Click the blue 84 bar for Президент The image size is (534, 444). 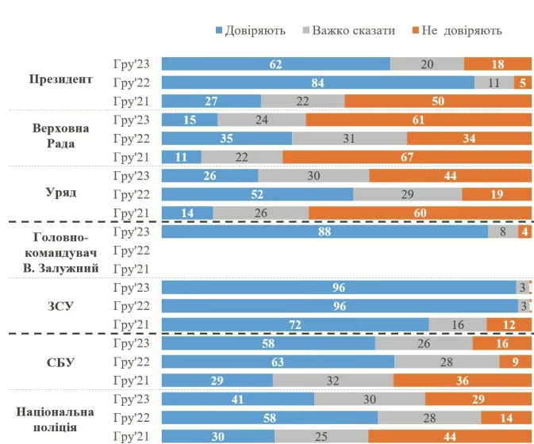317,82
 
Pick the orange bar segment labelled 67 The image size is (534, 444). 407,157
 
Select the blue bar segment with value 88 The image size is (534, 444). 325,232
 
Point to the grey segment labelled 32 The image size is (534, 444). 333,381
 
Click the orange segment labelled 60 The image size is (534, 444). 420,212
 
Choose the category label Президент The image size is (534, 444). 60,79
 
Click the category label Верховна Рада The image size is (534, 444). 60,136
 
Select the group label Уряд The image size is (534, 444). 60,193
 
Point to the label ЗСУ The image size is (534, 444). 60,305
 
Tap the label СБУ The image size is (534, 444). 60,362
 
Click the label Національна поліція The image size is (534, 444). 60,419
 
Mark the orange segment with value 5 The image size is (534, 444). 522,82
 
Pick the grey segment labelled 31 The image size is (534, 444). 349,138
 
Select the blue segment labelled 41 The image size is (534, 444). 238,399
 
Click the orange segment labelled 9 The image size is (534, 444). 515,362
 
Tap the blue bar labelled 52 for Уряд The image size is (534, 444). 257,194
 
